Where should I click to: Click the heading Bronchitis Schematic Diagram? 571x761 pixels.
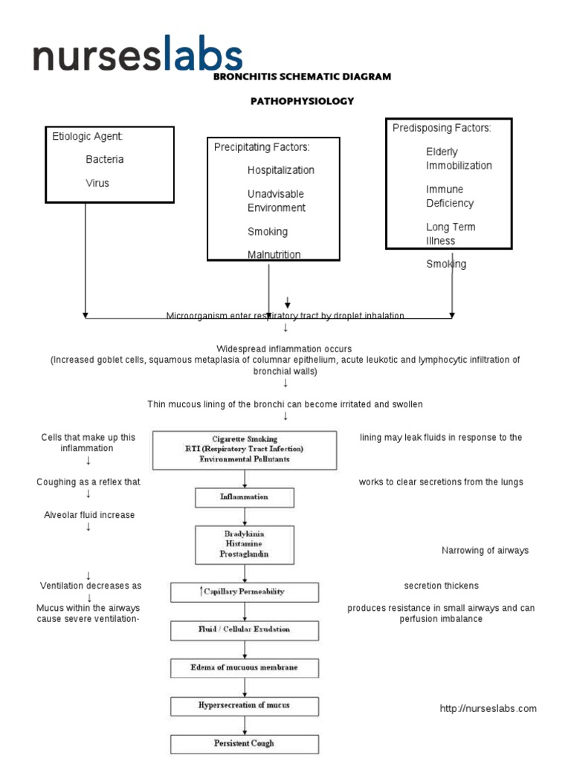pos(302,77)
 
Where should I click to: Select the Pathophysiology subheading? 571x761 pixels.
pos(302,101)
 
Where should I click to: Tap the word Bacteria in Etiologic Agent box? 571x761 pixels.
pos(105,159)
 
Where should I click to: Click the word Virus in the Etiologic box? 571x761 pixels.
pos(97,183)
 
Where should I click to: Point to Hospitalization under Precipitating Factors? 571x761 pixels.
pos(281,170)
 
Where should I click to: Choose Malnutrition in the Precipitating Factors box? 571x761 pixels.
pos(274,254)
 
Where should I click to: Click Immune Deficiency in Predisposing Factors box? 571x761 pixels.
pos(450,196)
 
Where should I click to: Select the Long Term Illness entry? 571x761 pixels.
pos(451,233)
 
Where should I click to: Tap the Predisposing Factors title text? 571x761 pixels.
pos(442,128)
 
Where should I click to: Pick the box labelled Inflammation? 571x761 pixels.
pos(245,496)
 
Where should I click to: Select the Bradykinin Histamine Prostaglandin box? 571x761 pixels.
pos(245,544)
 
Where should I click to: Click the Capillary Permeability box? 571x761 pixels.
pos(245,592)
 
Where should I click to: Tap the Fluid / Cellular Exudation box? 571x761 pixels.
pos(245,629)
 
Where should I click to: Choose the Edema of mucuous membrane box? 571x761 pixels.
pos(245,667)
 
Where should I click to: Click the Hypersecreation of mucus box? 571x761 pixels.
pos(245,705)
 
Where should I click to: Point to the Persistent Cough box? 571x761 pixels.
pos(245,743)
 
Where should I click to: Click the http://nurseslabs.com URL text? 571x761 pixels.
pos(488,708)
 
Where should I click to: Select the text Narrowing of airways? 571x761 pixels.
pos(485,551)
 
